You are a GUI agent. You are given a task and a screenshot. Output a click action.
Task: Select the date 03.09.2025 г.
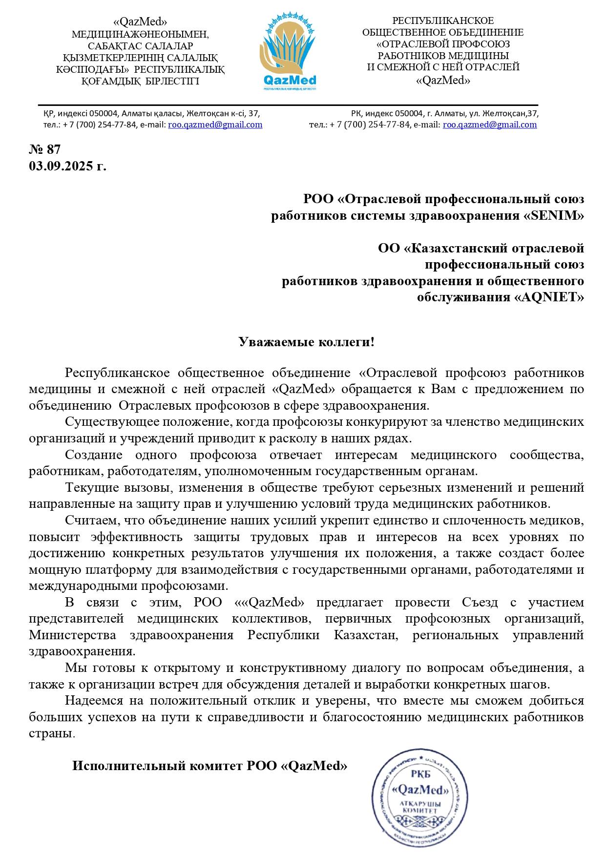[67, 166]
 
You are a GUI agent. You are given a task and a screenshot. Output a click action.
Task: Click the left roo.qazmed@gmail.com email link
[215, 125]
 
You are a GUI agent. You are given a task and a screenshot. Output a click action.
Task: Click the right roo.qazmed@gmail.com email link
[490, 125]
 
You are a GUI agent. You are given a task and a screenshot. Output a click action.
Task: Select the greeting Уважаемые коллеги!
[307, 342]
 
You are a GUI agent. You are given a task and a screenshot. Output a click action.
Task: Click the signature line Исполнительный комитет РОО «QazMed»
[210, 766]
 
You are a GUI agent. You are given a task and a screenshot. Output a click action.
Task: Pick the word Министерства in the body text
[73, 635]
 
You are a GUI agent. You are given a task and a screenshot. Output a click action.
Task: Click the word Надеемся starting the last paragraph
[93, 701]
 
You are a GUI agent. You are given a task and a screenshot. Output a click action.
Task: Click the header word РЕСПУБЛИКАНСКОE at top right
[443, 21]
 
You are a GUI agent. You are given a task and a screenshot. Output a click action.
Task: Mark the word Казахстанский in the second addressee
[457, 248]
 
